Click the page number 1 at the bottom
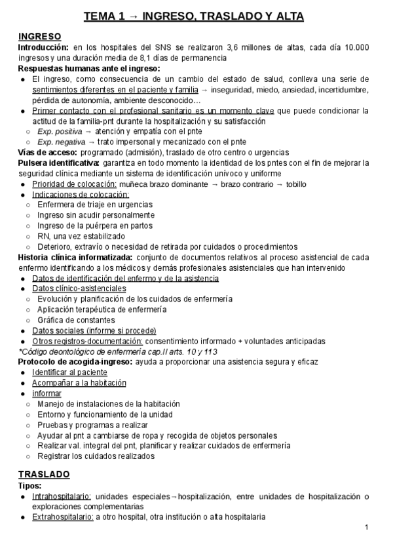click(367, 528)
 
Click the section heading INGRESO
click(40, 36)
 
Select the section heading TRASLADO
click(45, 473)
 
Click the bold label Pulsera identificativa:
click(59, 163)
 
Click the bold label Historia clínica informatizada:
click(77, 257)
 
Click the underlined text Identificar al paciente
click(69, 372)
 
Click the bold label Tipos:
click(30, 485)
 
